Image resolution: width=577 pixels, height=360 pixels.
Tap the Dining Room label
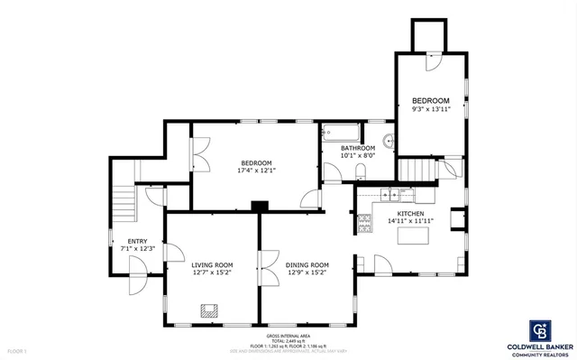pos(307,264)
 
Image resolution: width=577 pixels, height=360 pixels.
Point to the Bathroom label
pos(357,148)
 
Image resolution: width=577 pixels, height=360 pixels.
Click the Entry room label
pos(137,241)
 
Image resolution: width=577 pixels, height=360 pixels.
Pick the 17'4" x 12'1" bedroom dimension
pos(256,170)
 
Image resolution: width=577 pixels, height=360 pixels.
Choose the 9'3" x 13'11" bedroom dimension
pos(430,108)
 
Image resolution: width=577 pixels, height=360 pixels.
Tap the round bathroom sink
pos(389,141)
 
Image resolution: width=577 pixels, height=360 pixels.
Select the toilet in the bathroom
pos(360,171)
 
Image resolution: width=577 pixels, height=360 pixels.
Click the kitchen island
pos(415,236)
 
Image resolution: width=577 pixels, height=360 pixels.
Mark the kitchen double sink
pos(389,193)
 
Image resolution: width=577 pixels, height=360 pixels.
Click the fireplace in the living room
pos(209,310)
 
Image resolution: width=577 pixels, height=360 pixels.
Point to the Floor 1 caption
pos(18,350)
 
